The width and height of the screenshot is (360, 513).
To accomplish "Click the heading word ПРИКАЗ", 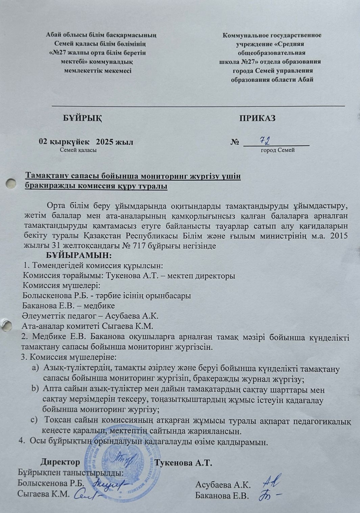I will [x=257, y=118].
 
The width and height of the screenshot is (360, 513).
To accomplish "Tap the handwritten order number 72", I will [x=266, y=140].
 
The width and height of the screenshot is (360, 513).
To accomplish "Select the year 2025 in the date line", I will [x=105, y=142].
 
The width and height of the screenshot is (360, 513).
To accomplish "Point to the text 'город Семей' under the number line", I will [x=278, y=150].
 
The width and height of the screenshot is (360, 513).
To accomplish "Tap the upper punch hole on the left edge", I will [x=11, y=184].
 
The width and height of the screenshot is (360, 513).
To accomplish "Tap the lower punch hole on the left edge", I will [x=6, y=325].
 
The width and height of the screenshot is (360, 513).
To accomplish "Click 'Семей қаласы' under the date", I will [x=78, y=150].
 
